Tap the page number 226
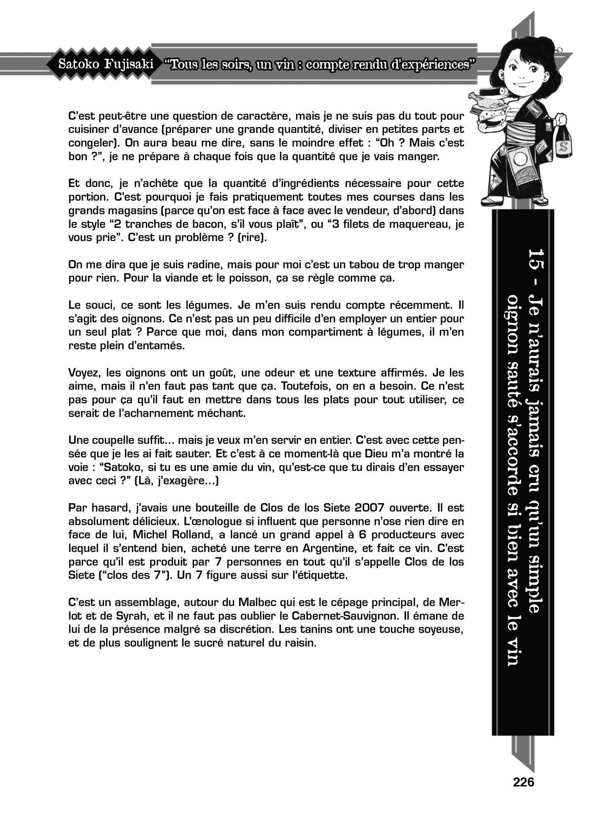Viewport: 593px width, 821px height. point(524,782)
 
